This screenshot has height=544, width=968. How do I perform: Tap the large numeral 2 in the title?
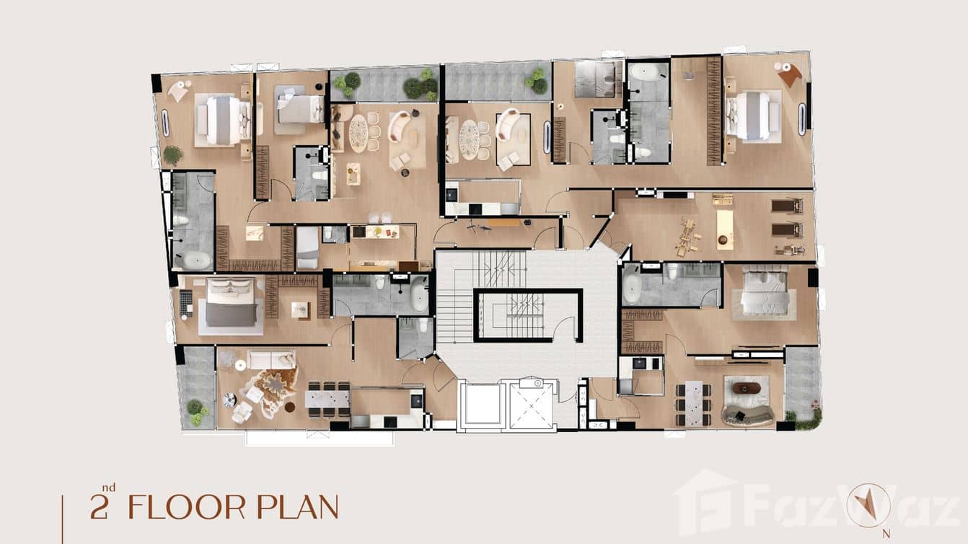pyautogui.click(x=99, y=508)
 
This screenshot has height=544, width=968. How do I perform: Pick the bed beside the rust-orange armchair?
pyautogui.click(x=754, y=116)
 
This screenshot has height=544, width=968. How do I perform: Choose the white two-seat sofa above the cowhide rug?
pyautogui.click(x=271, y=359)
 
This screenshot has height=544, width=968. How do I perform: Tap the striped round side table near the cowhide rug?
pyautogui.click(x=229, y=399)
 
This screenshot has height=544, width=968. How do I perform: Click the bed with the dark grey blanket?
pyautogui.click(x=231, y=303)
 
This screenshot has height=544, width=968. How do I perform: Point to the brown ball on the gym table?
pyautogui.click(x=723, y=237)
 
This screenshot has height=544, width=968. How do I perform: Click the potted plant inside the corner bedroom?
pyautogui.click(x=172, y=154)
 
